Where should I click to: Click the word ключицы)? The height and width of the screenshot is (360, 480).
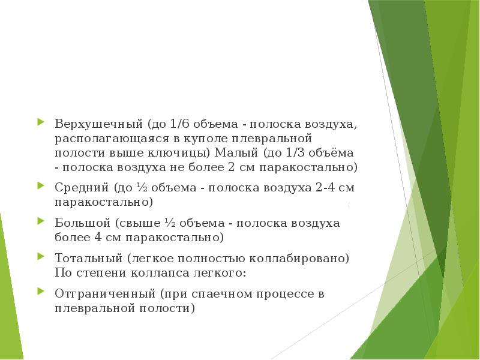[x=183, y=152]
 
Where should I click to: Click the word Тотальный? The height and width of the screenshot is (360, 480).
[x=88, y=259]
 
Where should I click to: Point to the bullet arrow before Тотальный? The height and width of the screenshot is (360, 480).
[x=40, y=257]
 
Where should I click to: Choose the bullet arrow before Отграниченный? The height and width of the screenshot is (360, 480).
[x=40, y=293]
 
